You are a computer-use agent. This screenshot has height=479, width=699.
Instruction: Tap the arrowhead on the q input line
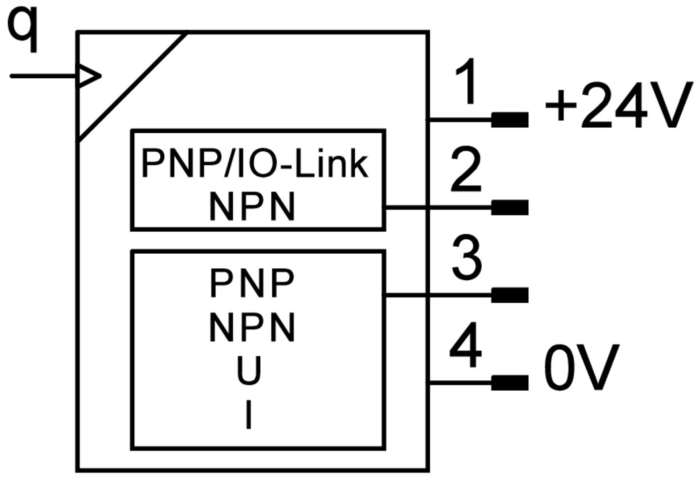(89, 76)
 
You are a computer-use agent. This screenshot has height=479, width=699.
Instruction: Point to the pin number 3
(469, 260)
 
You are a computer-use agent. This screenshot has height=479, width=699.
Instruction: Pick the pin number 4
(469, 350)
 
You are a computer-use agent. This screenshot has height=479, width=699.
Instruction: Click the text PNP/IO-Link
(255, 164)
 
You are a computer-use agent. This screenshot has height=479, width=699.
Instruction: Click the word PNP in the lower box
(252, 286)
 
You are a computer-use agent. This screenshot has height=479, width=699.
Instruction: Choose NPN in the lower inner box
(252, 328)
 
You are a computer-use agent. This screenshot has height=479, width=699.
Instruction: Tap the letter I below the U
(249, 417)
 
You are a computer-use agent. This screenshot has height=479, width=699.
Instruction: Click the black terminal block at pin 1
(510, 120)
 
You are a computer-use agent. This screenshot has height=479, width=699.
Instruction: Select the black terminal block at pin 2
(510, 207)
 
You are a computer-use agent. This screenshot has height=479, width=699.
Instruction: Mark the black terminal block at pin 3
(510, 295)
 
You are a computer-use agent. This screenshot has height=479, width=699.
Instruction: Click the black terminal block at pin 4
(510, 382)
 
